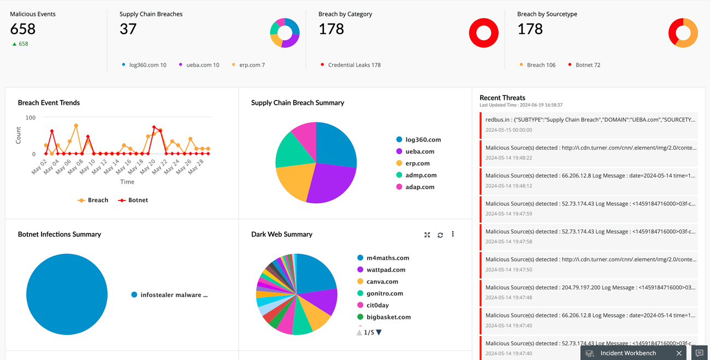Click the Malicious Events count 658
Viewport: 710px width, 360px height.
(23, 29)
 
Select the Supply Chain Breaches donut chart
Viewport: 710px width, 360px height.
(285, 33)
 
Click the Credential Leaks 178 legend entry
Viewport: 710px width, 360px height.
(354, 65)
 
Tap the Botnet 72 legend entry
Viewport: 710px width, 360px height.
(587, 65)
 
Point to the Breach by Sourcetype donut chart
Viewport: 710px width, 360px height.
(683, 33)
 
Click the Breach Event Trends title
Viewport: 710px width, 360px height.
(49, 103)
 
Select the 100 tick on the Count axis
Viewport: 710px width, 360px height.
(31, 117)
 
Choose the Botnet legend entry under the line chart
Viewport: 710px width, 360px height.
(134, 200)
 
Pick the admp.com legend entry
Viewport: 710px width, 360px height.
(420, 175)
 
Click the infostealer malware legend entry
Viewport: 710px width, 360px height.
(173, 295)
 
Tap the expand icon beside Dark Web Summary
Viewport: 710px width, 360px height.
(427, 235)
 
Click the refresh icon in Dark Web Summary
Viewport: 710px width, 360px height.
(440, 235)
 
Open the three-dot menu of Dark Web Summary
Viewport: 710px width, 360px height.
(453, 234)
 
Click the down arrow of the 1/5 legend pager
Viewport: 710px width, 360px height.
(379, 332)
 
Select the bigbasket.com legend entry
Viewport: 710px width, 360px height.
(388, 317)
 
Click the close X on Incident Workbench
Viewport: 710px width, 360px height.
(679, 353)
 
